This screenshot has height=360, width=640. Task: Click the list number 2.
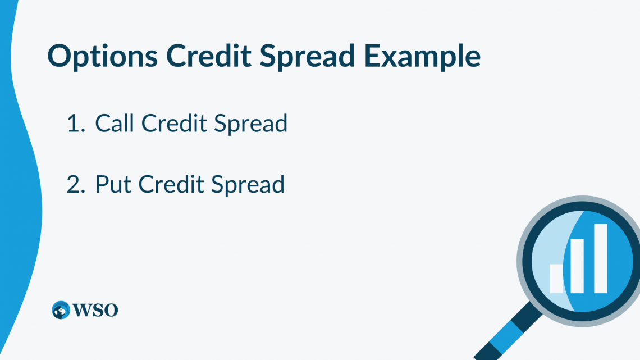point(74,185)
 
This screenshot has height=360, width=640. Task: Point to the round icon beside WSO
point(61,310)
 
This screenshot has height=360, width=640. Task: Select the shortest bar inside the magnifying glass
point(556,279)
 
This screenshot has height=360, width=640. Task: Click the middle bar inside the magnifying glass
point(578,266)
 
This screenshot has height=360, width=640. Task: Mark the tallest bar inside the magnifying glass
point(600,258)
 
